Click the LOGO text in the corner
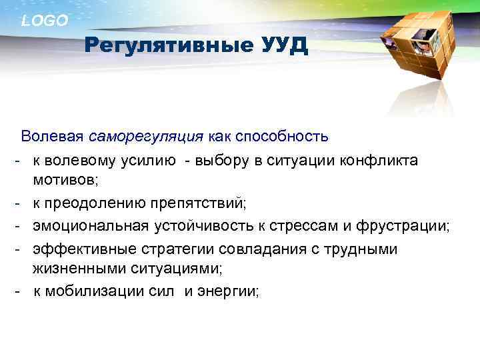coord(45,21)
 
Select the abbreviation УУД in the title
coord(282,46)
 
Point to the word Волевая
coord(52,137)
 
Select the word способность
coord(288,137)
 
